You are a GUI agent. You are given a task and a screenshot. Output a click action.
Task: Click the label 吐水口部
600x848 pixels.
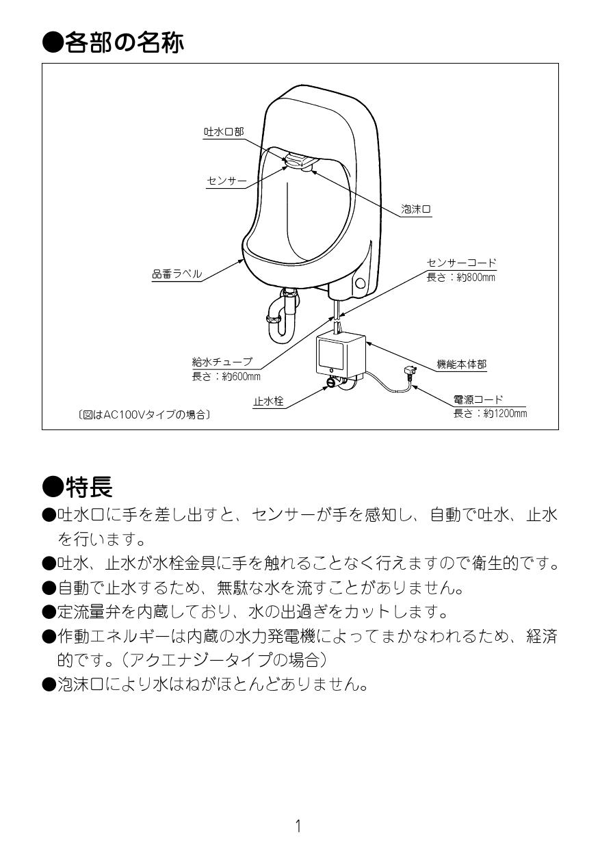223,132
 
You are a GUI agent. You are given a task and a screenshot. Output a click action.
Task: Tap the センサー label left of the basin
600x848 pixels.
226,181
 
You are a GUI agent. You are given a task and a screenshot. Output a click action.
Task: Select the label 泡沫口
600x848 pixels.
415,210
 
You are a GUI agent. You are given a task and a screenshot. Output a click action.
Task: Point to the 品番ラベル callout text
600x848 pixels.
177,274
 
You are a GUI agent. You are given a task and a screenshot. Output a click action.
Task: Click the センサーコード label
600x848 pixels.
461,263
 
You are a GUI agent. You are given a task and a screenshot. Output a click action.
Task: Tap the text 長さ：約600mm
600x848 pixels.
226,377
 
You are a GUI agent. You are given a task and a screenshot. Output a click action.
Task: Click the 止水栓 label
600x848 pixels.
268,402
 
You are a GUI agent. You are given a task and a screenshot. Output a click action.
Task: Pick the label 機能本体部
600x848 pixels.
462,365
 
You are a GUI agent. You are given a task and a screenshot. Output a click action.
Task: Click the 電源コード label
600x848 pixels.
478,399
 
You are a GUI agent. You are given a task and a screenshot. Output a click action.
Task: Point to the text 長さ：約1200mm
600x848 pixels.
490,414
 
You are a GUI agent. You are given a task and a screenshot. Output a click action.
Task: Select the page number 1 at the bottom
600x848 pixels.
298,826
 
